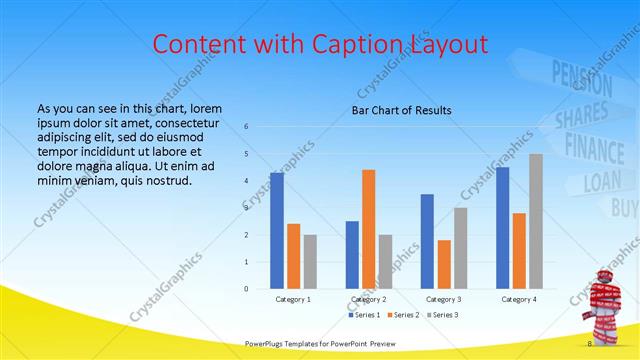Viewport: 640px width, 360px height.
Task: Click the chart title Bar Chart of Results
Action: (400, 110)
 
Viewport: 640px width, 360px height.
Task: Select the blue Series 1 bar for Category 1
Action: (276, 230)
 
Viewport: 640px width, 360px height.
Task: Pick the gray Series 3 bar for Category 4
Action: (535, 221)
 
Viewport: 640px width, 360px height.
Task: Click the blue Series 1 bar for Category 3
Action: (427, 241)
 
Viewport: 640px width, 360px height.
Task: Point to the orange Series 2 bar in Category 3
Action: (443, 264)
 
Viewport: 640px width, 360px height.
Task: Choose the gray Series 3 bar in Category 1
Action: (310, 262)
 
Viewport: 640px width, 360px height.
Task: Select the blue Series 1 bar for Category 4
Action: (502, 228)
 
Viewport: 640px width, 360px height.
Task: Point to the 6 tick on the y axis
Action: (246, 126)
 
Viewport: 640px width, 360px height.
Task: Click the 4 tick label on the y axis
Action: (246, 181)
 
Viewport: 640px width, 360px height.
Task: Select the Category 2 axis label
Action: (369, 299)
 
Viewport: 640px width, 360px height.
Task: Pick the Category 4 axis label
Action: (519, 299)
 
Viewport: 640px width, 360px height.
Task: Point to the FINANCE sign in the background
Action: (601, 146)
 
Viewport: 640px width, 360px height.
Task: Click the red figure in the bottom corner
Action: (606, 305)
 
